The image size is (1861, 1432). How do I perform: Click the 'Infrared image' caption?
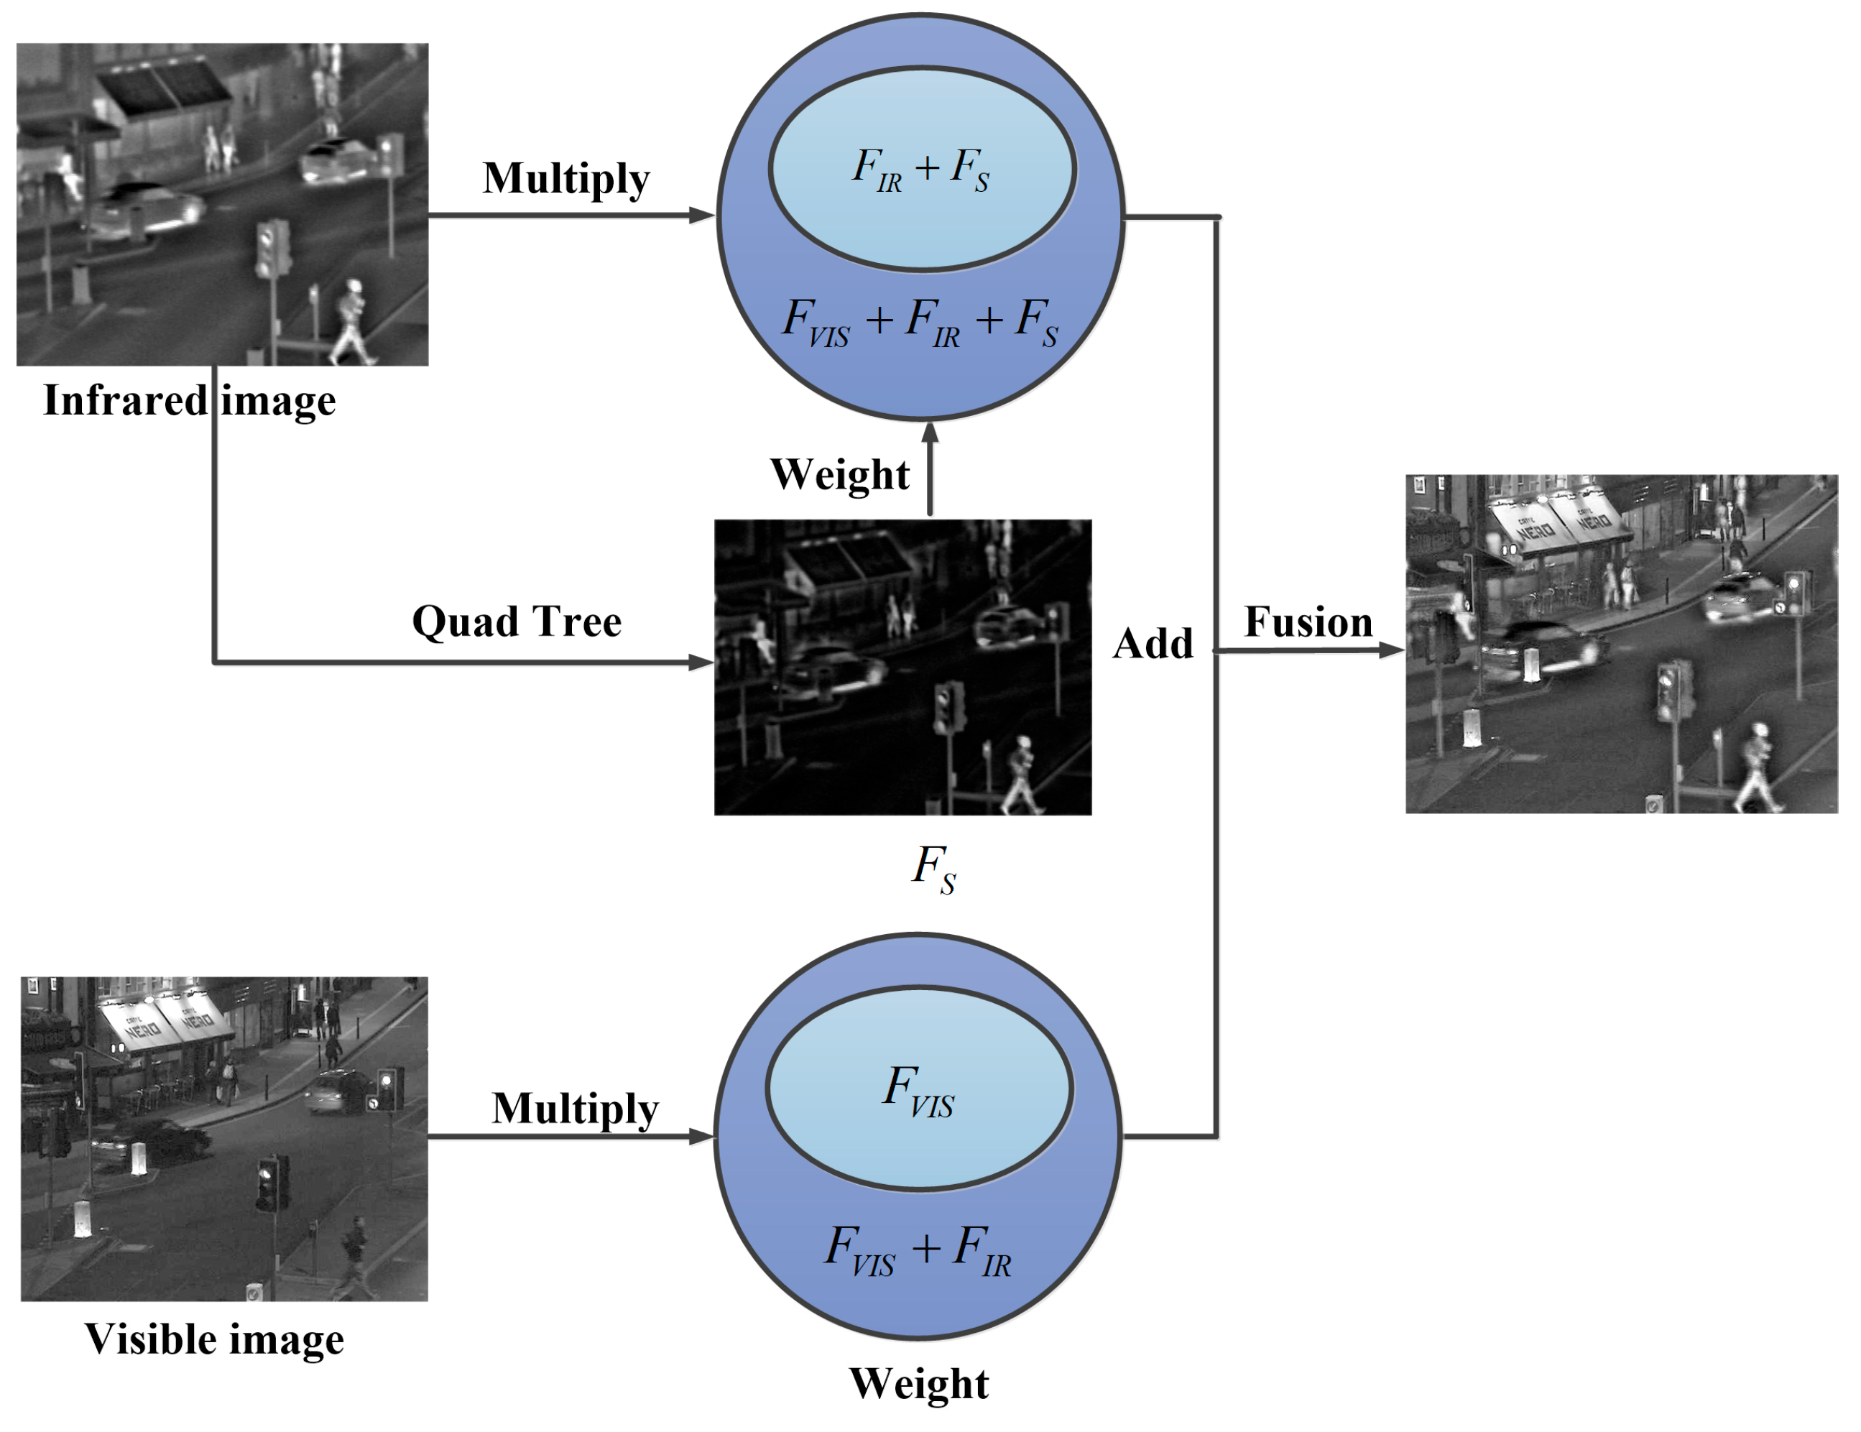point(189,400)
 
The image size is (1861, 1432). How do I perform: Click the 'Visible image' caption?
point(214,1339)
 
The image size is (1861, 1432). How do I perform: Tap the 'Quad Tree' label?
point(517,621)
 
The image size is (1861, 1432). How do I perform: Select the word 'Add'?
point(1152,643)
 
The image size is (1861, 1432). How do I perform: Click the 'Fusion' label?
point(1308,622)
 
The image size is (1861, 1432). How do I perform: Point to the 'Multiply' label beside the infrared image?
point(565,178)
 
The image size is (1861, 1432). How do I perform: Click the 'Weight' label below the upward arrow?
point(839,474)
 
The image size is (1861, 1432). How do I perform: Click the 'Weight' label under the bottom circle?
point(918,1383)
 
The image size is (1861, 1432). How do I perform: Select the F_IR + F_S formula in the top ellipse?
point(921,169)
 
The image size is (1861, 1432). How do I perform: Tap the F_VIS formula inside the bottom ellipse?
point(918,1091)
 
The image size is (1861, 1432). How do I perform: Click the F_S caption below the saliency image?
point(934,869)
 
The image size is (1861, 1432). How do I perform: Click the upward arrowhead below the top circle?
point(930,432)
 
